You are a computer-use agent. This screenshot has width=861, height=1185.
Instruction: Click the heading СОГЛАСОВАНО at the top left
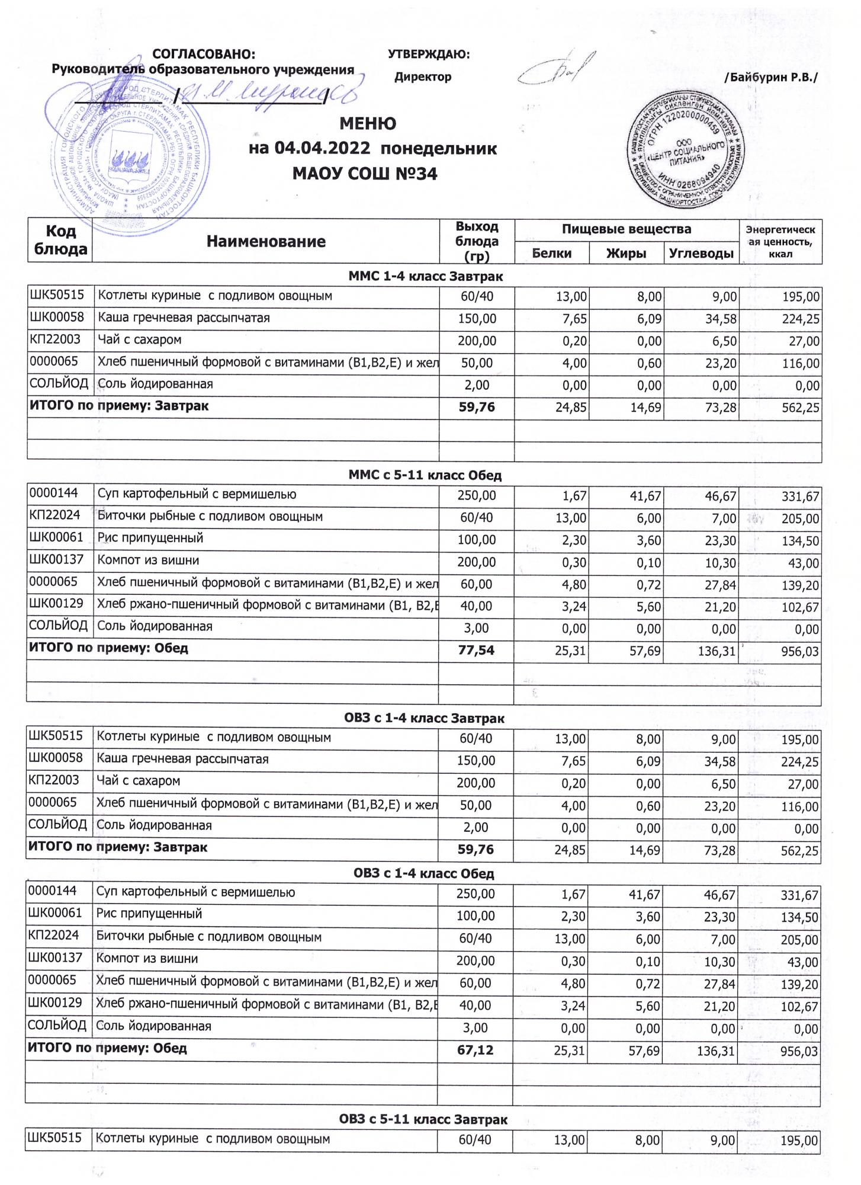tap(204, 55)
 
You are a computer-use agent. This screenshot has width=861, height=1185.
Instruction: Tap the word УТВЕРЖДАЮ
tap(428, 55)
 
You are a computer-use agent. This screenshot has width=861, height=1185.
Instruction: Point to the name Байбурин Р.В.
tap(770, 77)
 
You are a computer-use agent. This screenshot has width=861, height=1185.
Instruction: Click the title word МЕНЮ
tap(368, 124)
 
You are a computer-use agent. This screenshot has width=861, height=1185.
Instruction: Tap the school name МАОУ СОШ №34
tap(365, 174)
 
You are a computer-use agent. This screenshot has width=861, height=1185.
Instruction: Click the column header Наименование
tap(266, 241)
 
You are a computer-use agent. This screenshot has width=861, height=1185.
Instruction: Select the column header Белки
tap(551, 254)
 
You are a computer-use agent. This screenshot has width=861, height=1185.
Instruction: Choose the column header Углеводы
tap(701, 254)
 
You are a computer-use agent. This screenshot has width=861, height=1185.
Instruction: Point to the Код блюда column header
tap(60, 241)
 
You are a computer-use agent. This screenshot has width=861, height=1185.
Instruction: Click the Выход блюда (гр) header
tap(477, 241)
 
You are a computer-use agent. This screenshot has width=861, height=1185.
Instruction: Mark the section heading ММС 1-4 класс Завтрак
tap(426, 276)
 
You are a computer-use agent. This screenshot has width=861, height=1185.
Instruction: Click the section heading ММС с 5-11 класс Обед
tap(425, 475)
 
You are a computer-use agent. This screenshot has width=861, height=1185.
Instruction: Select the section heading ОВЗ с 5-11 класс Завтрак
tap(423, 1119)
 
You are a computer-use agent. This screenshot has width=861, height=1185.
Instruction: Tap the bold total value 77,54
tap(476, 651)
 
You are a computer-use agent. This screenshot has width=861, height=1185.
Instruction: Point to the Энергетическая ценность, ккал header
tap(780, 241)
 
